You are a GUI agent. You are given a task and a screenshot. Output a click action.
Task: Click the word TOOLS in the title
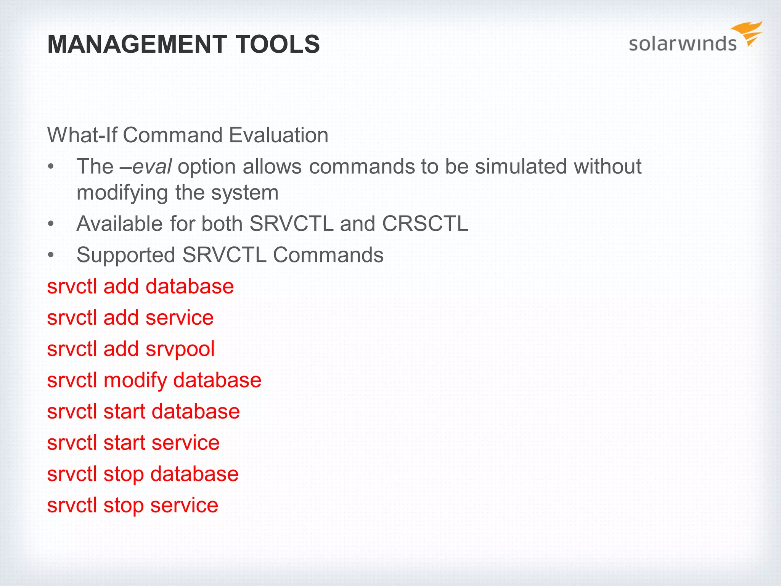278,44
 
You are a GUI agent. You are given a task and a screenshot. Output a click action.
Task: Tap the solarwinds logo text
682,43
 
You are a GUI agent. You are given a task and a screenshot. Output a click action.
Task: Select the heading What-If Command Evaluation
188,135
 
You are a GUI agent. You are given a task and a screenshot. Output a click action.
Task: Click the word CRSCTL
425,224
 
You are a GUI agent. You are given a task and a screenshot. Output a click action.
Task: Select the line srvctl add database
140,286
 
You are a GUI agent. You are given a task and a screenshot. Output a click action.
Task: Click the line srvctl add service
130,317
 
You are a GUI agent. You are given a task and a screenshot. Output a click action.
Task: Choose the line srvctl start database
143,411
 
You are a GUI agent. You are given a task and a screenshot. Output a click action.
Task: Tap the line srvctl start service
133,443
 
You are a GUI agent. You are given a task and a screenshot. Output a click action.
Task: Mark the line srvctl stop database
143,474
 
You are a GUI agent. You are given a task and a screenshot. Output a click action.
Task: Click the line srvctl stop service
132,505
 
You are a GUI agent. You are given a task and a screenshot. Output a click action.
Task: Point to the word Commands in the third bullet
328,255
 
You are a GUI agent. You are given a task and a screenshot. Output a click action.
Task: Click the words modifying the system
177,192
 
